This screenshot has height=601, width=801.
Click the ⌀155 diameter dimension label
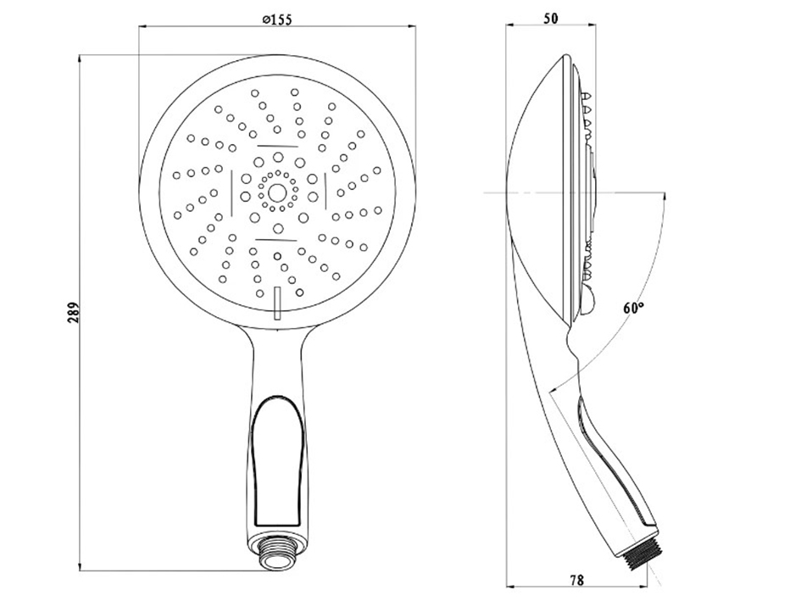[x=276, y=20]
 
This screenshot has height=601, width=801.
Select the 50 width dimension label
[x=550, y=19]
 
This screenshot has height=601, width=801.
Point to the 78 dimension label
[x=576, y=580]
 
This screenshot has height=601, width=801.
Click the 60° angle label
[x=633, y=308]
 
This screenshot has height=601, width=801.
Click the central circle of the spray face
[x=277, y=192]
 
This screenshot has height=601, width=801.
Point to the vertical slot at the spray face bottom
[x=277, y=303]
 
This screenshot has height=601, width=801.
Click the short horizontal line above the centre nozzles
[x=277, y=146]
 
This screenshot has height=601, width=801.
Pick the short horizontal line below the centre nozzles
[x=276, y=239]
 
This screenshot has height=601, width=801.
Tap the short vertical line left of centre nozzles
[x=231, y=192]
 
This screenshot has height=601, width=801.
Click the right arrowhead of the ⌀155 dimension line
[x=411, y=26]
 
